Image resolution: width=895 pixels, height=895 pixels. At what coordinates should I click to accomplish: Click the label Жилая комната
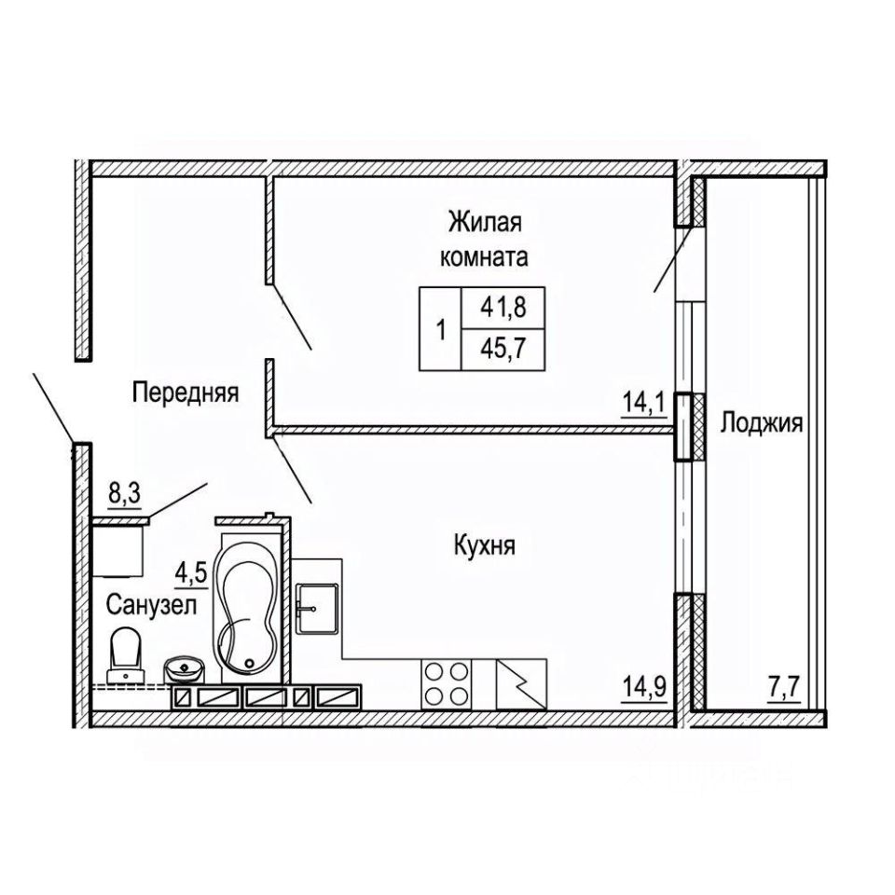tap(484, 240)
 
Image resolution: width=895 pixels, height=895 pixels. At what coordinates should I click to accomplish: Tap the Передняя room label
tap(186, 393)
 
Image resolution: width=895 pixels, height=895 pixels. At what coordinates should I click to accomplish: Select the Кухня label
tap(485, 545)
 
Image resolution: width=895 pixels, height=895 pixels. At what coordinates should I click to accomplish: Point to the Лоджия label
tap(762, 424)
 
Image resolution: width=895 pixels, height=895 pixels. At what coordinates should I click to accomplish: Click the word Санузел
tap(152, 604)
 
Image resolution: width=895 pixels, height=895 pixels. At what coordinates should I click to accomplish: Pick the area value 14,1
tap(644, 404)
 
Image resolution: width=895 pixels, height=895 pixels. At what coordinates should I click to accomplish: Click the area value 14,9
tap(644, 687)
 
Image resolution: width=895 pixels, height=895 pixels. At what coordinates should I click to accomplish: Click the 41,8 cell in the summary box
tap(503, 308)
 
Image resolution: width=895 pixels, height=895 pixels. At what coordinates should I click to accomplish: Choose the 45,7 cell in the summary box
tap(503, 350)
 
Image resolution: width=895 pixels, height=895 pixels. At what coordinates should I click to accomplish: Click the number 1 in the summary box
tap(440, 329)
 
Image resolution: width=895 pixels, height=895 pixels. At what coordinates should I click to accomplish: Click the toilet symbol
tap(126, 654)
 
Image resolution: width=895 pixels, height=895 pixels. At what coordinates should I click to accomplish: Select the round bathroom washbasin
tap(184, 669)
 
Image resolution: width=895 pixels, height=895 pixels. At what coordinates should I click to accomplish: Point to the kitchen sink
tap(316, 609)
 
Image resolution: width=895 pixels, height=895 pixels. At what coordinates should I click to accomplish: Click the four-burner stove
tap(447, 683)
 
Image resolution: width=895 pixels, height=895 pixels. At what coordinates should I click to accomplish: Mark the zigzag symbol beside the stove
tap(521, 683)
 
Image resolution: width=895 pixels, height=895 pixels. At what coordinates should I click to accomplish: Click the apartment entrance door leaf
tap(52, 407)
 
